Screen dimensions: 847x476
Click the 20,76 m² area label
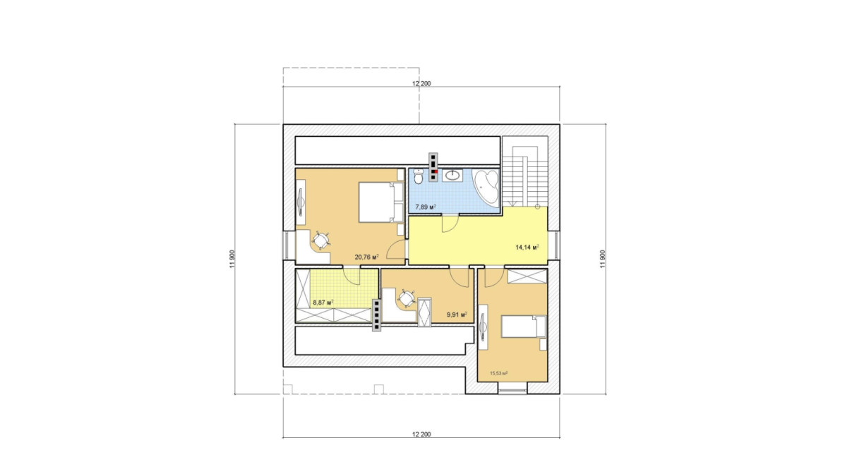pyautogui.click(x=366, y=257)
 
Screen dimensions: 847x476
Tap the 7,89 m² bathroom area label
pyautogui.click(x=426, y=207)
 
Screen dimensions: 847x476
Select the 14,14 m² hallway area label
pyautogui.click(x=527, y=247)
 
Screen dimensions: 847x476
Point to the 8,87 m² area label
pyautogui.click(x=323, y=303)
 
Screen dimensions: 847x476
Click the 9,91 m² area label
pyautogui.click(x=457, y=315)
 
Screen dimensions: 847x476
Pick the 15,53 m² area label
pyautogui.click(x=499, y=373)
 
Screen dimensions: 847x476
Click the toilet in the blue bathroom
pyautogui.click(x=418, y=176)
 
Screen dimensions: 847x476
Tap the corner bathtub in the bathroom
pyautogui.click(x=486, y=188)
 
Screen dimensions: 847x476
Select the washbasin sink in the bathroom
pyautogui.click(x=452, y=175)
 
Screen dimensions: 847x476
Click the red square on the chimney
pyautogui.click(x=436, y=171)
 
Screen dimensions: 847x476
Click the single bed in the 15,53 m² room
pyautogui.click(x=524, y=327)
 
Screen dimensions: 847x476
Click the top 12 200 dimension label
pyautogui.click(x=421, y=83)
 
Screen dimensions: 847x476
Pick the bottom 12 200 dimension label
pyautogui.click(x=421, y=434)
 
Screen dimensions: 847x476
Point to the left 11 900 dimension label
pyautogui.click(x=232, y=260)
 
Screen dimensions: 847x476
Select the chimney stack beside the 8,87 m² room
pyautogui.click(x=377, y=315)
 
